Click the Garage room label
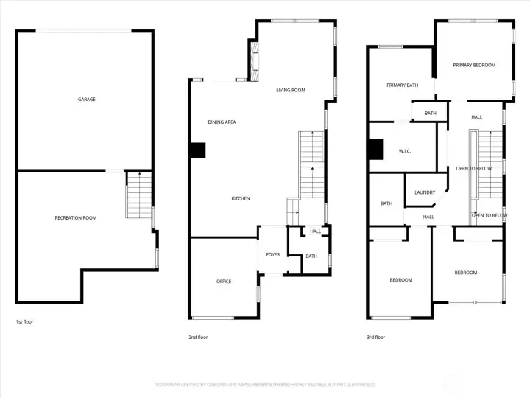coord(87,99)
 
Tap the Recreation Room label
coord(75,217)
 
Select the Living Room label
coord(290,91)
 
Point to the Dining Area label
coord(221,122)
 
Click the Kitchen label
coord(241,198)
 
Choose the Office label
coord(224,282)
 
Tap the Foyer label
coord(273,255)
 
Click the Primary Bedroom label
coord(474,65)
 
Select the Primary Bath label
coord(402,85)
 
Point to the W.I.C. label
coord(404,151)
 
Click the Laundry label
coord(425,192)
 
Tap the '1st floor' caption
coord(24,322)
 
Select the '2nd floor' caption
coord(199,337)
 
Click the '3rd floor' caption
coord(375,337)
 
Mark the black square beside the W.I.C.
coord(376,150)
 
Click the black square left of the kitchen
coord(197,150)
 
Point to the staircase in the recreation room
coord(138,195)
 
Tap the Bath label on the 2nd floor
coord(311,256)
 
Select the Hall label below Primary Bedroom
coord(476,117)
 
